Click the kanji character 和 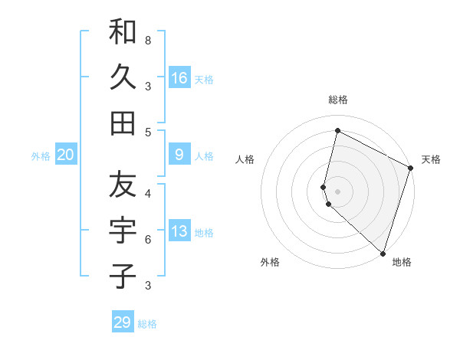[x=123, y=32]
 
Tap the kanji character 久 [x=123, y=77]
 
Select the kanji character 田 [x=123, y=123]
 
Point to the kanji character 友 [x=123, y=184]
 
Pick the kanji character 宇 [x=123, y=229]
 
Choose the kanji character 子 [x=123, y=275]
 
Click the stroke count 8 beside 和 [x=147, y=40]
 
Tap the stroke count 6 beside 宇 [x=147, y=240]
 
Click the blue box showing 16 [x=179, y=77]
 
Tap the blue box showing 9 [x=179, y=155]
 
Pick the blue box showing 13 [x=179, y=231]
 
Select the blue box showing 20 [x=66, y=155]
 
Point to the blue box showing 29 [x=123, y=322]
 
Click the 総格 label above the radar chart [x=338, y=100]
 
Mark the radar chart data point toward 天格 [x=411, y=169]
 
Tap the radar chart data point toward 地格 [x=383, y=253]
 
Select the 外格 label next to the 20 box [x=41, y=156]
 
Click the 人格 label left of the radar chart [x=245, y=159]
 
